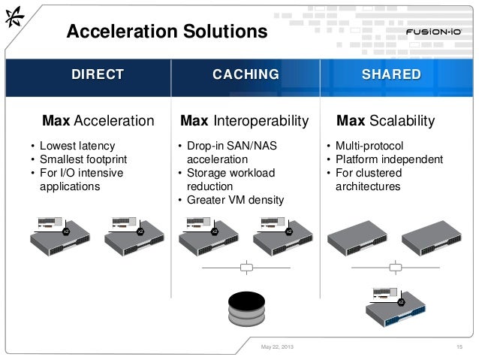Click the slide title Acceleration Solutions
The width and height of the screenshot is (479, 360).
coord(167,31)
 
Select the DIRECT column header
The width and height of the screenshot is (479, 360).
coord(97,74)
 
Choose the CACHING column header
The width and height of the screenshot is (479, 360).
coord(246,74)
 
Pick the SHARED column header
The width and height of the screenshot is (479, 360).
coord(390,74)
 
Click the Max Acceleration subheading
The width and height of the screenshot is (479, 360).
coord(98,120)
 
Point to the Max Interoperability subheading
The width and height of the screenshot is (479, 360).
coord(245,120)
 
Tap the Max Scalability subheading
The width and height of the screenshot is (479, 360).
coord(386,120)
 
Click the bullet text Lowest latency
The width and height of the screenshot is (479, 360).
coord(77,145)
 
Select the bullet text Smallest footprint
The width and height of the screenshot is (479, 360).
coord(83,159)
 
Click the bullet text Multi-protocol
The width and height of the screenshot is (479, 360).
coord(369,145)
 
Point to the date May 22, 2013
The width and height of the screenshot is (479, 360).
coord(277,346)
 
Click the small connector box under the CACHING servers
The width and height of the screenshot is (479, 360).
coord(246,267)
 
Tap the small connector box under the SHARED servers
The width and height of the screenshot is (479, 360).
coord(395,267)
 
